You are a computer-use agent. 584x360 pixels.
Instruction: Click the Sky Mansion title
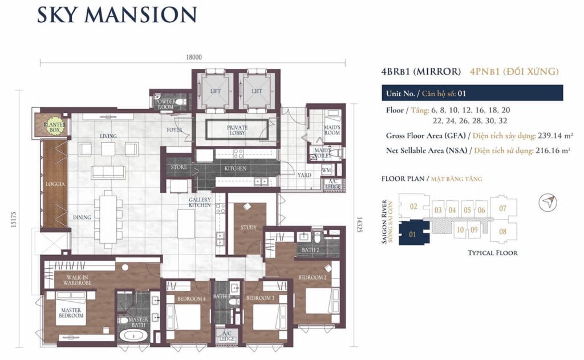[117, 15]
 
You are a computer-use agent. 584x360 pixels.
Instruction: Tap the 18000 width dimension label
[193, 57]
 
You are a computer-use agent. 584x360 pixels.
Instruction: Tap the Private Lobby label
[237, 130]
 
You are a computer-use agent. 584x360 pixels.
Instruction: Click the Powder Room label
[165, 104]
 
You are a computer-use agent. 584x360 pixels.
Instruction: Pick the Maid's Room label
[333, 130]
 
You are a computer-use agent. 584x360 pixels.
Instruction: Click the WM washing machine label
[327, 170]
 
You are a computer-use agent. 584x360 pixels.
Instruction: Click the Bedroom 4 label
[189, 298]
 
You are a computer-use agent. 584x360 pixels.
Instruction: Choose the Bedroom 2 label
[313, 278]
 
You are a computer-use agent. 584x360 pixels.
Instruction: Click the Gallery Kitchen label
[200, 202]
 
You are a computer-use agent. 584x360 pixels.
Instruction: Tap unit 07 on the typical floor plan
[502, 208]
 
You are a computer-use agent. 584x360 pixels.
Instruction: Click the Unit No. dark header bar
[472, 93]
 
